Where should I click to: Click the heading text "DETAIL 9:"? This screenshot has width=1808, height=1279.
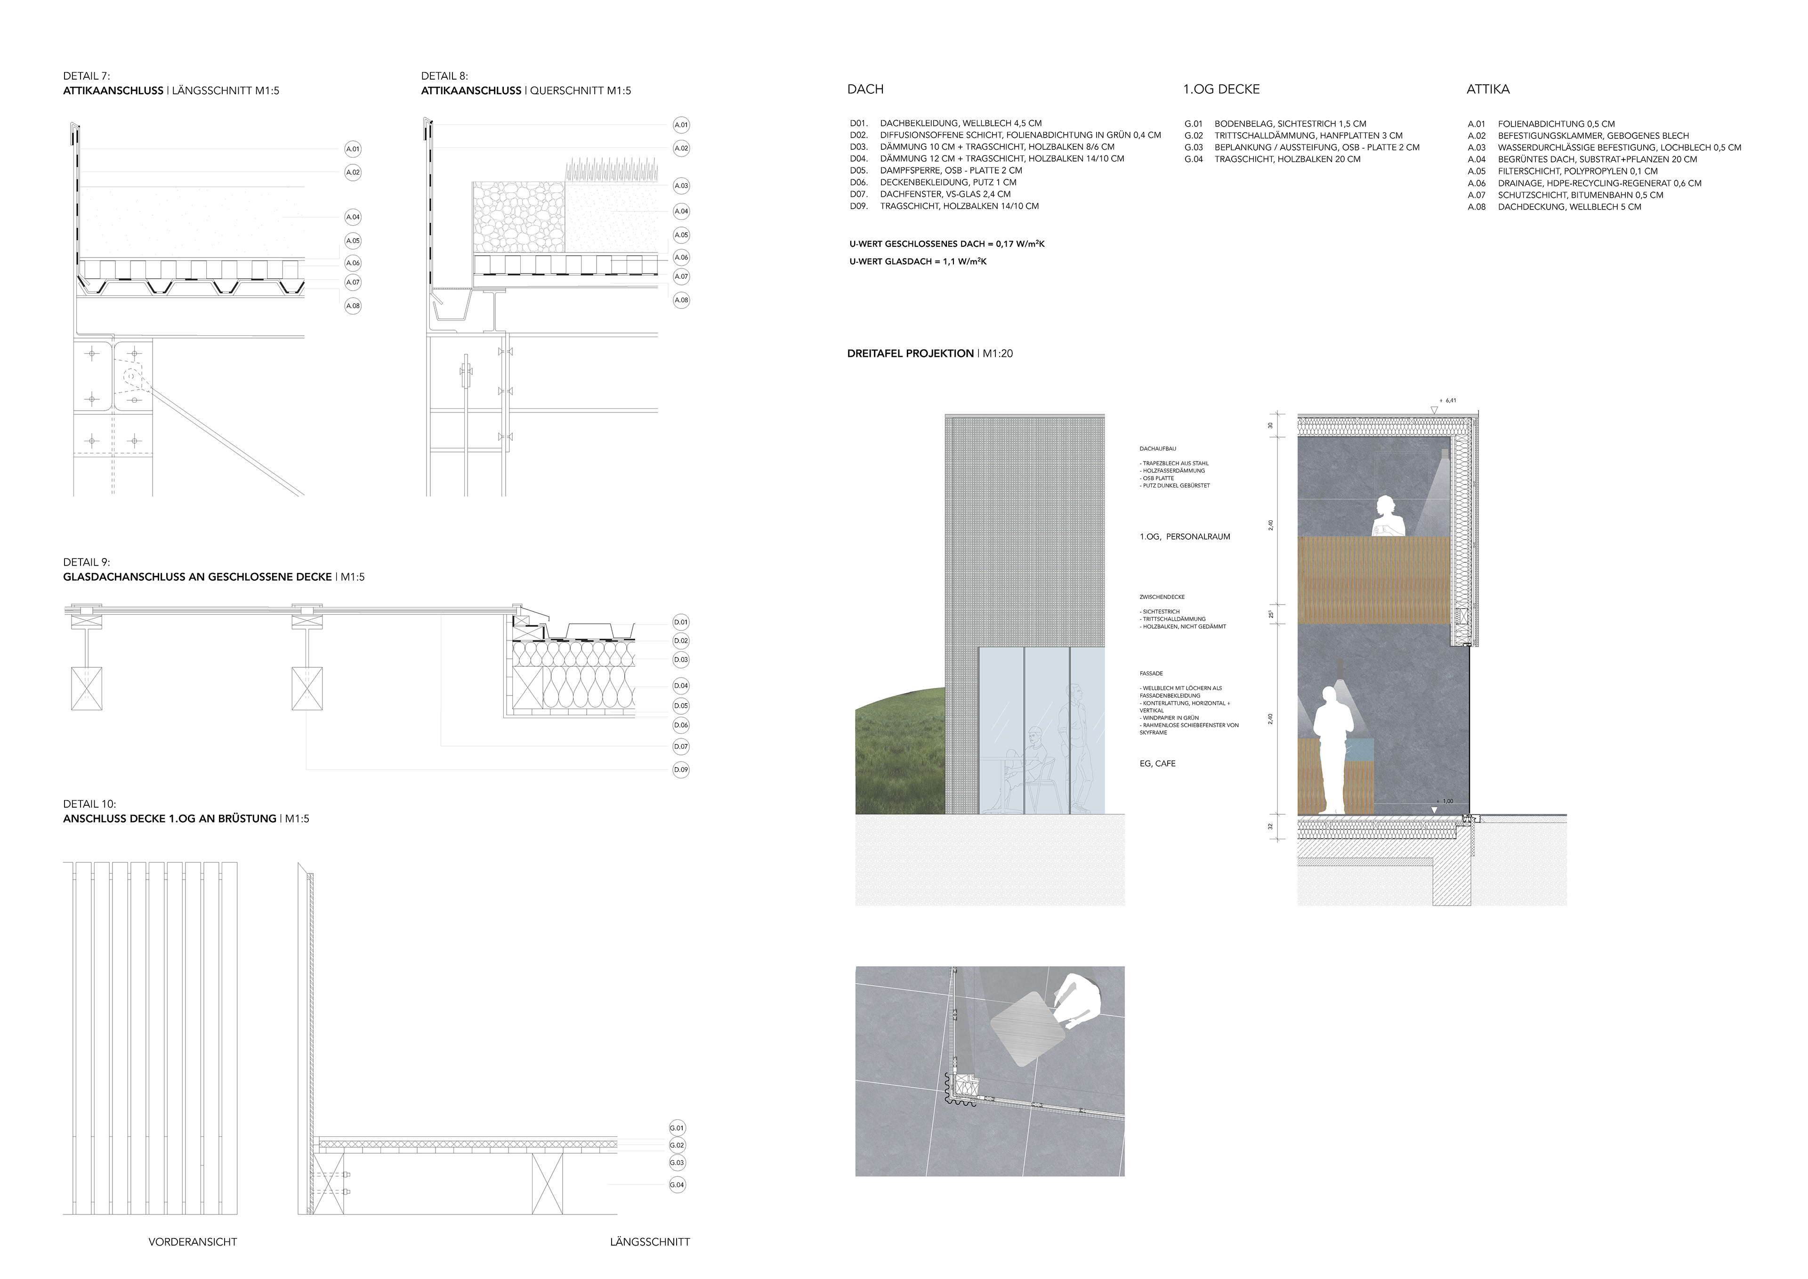click(87, 562)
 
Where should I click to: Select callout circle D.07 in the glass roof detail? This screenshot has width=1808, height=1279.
click(681, 746)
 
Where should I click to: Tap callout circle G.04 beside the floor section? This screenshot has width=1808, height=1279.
click(677, 1184)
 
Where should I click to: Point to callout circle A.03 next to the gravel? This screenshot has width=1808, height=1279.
click(681, 186)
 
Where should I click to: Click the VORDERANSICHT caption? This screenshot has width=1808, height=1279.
click(193, 1242)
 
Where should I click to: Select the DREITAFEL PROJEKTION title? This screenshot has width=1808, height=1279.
click(910, 354)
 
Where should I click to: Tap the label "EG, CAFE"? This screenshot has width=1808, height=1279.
click(1158, 764)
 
